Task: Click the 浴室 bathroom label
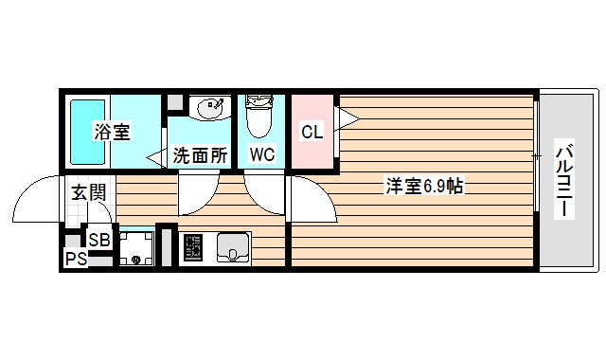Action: (112, 133)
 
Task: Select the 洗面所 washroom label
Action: (200, 155)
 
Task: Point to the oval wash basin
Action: (208, 109)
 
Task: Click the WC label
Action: (262, 154)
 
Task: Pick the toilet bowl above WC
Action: (258, 117)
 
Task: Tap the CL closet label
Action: (312, 133)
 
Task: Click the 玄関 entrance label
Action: (88, 193)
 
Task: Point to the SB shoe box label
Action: (99, 240)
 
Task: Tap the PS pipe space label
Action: (76, 259)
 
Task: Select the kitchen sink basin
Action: (232, 249)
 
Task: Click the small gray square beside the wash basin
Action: (174, 102)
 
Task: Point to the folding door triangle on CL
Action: (348, 118)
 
